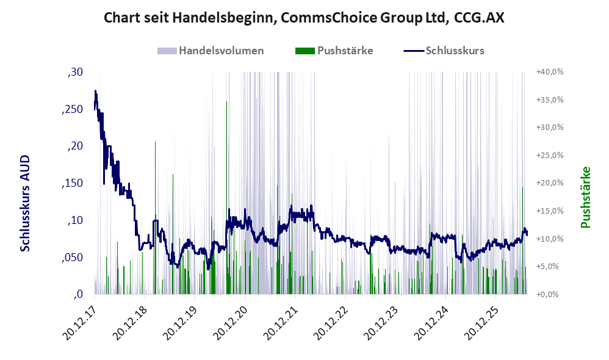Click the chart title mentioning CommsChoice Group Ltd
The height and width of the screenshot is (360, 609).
pyautogui.click(x=304, y=18)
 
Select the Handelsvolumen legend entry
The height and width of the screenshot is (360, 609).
pyautogui.click(x=211, y=51)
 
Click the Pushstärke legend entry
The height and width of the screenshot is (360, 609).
pyautogui.click(x=334, y=51)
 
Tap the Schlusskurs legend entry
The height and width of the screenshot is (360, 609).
pyautogui.click(x=444, y=51)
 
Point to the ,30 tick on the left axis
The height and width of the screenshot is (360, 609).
pyautogui.click(x=75, y=72)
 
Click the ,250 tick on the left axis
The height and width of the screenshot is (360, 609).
pyautogui.click(x=72, y=109)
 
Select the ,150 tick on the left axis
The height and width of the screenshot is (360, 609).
pyautogui.click(x=72, y=183)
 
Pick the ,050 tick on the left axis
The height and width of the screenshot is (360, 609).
pyautogui.click(x=72, y=257)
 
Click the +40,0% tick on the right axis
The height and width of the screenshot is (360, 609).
pyautogui.click(x=550, y=72)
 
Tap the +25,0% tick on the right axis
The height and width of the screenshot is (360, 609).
pyautogui.click(x=550, y=156)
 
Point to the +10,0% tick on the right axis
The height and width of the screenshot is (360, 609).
pyautogui.click(x=550, y=239)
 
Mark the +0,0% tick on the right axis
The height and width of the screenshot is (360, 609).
pyautogui.click(x=547, y=294)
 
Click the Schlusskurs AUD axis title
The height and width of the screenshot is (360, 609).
pyautogui.click(x=25, y=203)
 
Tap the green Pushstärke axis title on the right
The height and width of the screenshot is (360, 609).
pyautogui.click(x=585, y=197)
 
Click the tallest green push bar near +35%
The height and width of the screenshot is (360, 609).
pyautogui.click(x=227, y=197)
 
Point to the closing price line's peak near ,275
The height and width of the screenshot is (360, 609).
pyautogui.click(x=96, y=91)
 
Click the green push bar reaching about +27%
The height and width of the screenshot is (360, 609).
pyautogui.click(x=156, y=217)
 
